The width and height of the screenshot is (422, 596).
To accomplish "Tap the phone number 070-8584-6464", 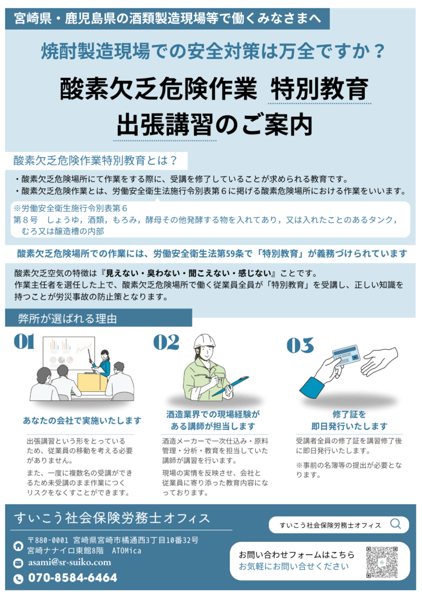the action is (73, 578).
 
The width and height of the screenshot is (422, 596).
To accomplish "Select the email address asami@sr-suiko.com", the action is (69, 562).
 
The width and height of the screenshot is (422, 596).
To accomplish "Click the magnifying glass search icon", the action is (396, 524).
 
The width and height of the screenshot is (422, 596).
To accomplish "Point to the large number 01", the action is (24, 341).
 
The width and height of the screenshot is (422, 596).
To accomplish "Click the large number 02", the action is (166, 342).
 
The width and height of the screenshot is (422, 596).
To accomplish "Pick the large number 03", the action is (300, 345).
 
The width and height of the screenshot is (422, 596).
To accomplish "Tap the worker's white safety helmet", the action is (205, 341).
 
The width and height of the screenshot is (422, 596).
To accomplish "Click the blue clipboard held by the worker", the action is (230, 385).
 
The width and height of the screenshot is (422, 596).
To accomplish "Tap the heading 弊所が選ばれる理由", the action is (68, 318).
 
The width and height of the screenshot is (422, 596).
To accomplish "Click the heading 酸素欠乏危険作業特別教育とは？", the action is (95, 161).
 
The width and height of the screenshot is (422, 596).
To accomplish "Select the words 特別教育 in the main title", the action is (319, 88).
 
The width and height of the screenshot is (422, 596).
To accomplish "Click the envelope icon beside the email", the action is (18, 563).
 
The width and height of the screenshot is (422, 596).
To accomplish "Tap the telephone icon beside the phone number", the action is (18, 579).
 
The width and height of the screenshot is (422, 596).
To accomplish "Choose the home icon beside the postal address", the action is (18, 546).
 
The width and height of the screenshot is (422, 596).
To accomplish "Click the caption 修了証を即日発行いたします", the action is (349, 420).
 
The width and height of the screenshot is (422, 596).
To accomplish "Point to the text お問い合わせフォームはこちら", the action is (297, 555).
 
